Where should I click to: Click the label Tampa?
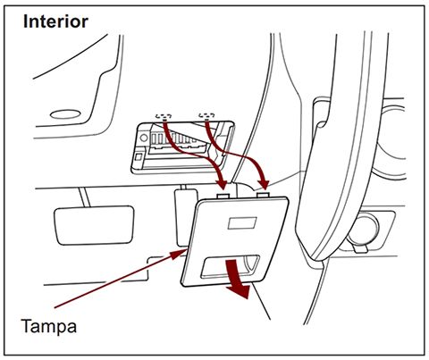tap(49, 326)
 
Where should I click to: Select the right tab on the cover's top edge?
tap(263, 190)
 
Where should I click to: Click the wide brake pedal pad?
tap(94, 219)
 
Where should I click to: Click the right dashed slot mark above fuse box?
tap(207, 115)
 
